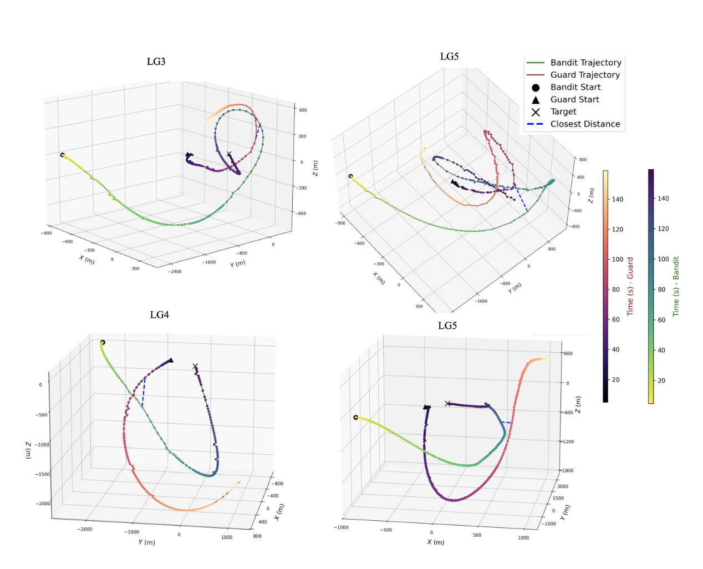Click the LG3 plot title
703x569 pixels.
(156, 62)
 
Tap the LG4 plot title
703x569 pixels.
(159, 315)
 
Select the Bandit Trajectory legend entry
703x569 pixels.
(585, 63)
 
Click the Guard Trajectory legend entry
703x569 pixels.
(585, 75)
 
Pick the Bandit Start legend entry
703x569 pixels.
(575, 87)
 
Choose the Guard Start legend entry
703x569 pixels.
(574, 99)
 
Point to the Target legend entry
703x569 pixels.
(563, 111)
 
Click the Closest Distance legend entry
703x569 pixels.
(585, 124)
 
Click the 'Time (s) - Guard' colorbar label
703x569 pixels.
(630, 287)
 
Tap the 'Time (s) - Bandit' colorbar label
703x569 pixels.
(676, 286)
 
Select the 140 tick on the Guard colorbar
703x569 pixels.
(617, 199)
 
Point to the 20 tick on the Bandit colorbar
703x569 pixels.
(661, 380)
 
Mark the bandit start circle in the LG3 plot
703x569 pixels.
(63, 155)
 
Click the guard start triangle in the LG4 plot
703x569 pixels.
(171, 360)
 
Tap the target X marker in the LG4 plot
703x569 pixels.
(195, 367)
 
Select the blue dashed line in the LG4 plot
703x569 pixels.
(144, 392)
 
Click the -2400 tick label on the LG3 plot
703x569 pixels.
(175, 272)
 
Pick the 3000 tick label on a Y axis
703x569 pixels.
(562, 486)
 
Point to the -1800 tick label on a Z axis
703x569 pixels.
(568, 470)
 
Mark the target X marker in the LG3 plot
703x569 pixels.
(229, 154)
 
